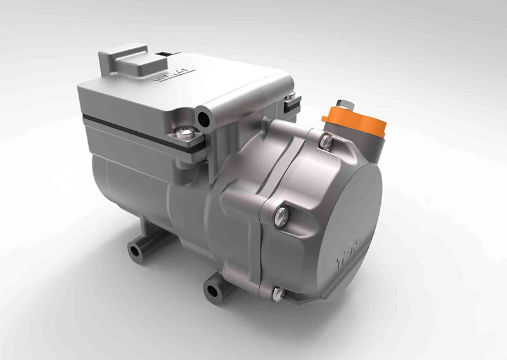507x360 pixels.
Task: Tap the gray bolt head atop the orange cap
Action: click(343, 103)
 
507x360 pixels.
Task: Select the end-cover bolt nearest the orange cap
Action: click(326, 142)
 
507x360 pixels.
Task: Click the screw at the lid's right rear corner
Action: click(292, 99)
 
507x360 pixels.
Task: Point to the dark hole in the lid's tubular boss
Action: click(203, 119)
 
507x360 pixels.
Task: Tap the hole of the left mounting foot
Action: click(135, 250)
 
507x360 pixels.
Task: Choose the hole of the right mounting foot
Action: click(211, 292)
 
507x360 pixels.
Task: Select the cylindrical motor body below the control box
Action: click(146, 190)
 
